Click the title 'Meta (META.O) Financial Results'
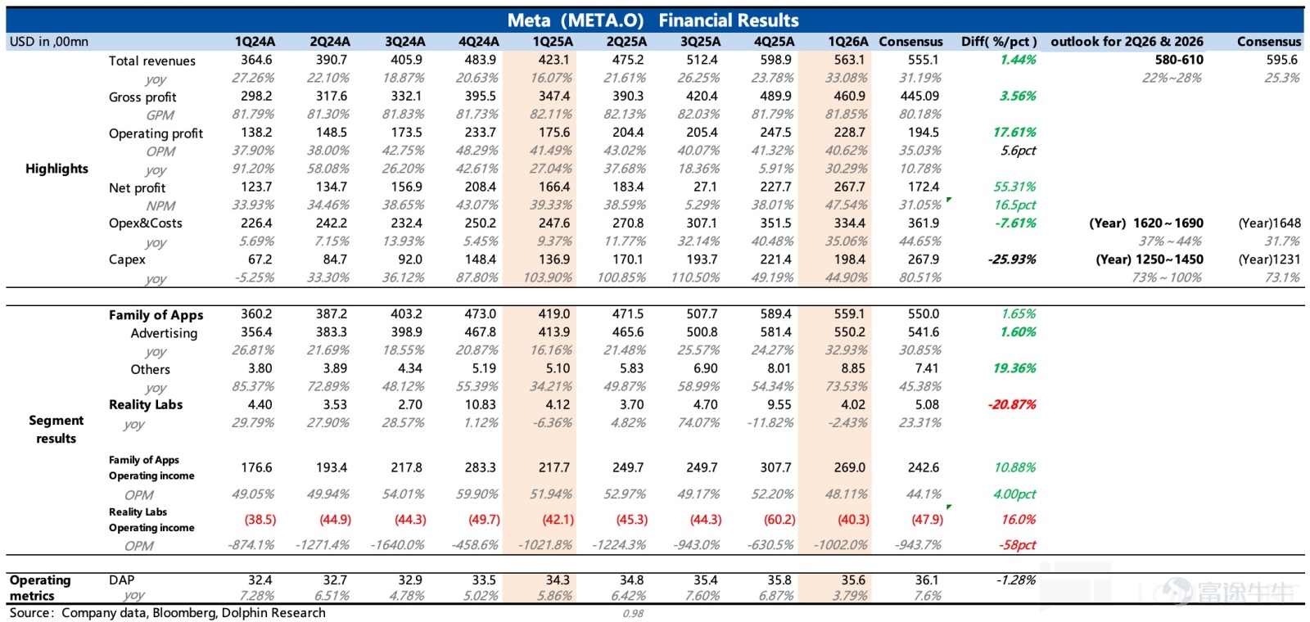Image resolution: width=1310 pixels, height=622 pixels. pos(653,20)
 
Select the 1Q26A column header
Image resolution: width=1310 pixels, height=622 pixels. pos(848,42)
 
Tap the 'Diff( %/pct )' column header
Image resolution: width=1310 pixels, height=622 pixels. pos(999,42)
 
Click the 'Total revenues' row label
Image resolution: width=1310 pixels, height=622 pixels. pos(152,61)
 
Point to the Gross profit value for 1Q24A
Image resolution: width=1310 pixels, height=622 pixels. pos(256,96)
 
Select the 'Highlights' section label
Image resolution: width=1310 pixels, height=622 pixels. pos(56,169)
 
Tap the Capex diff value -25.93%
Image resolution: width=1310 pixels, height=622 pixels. pos(1012,259)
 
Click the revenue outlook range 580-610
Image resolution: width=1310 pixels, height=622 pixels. pos(1179,60)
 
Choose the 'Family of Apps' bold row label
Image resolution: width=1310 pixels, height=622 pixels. pos(156,314)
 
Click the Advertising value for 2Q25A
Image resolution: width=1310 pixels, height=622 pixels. pos(627,332)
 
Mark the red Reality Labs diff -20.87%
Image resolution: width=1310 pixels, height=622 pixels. pos(1012,404)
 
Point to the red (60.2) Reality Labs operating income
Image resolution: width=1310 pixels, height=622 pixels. pos(779,519)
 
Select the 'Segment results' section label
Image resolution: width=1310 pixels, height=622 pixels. pos(56,429)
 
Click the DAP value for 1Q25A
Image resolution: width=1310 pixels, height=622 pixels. pos(558,580)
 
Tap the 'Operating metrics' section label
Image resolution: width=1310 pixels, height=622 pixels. pos(40,588)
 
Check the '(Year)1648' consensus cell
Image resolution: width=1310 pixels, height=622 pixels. pos(1270,223)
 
